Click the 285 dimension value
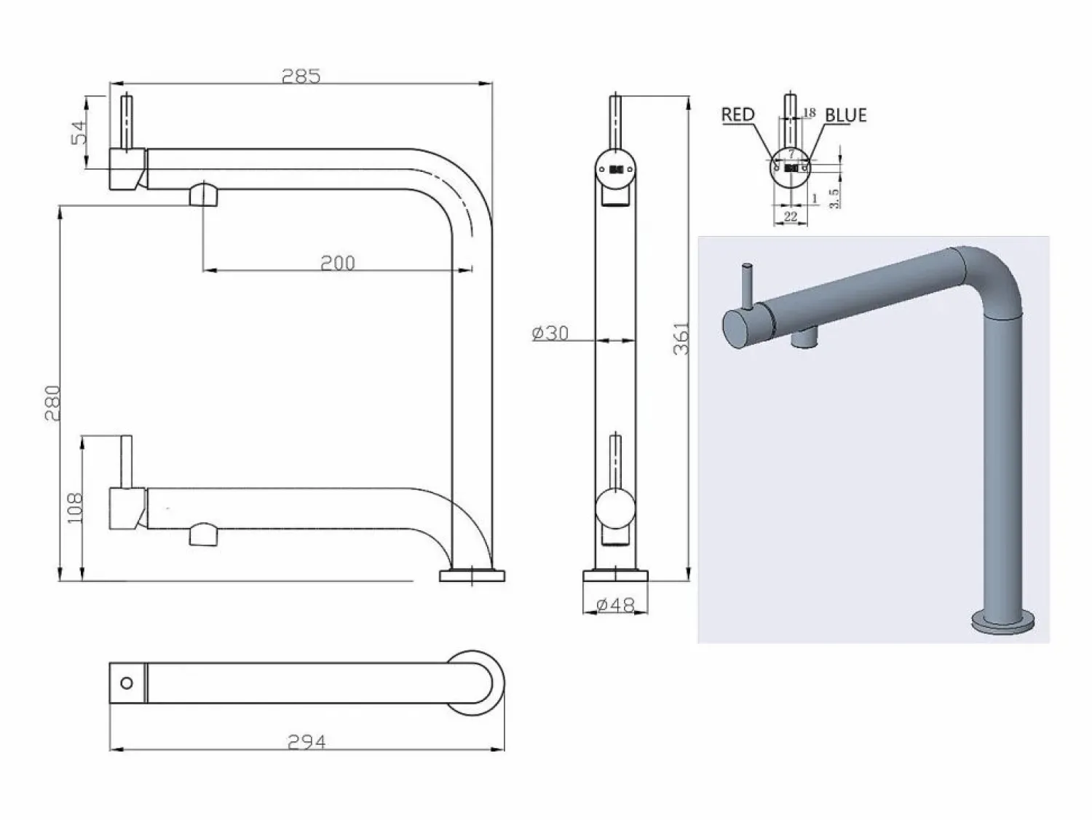click(x=301, y=76)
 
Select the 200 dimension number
click(x=337, y=263)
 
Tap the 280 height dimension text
click(x=52, y=403)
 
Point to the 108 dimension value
click(x=75, y=508)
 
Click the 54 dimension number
click(x=79, y=132)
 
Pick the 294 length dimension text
click(x=306, y=742)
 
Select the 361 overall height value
click(x=681, y=338)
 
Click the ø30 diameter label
click(x=550, y=333)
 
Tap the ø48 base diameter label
click(x=615, y=604)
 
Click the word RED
click(x=737, y=114)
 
